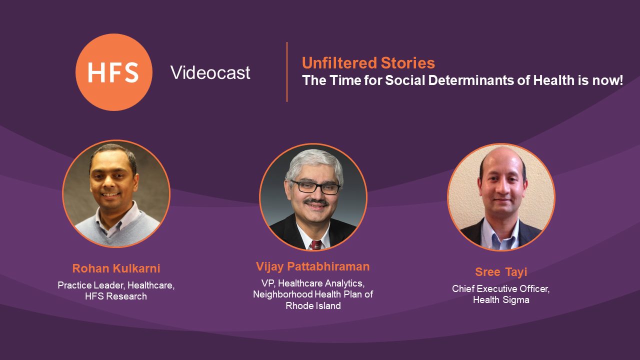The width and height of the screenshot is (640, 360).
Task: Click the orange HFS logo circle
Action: [x=114, y=72]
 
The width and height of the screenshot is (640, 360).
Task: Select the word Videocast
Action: [x=210, y=72]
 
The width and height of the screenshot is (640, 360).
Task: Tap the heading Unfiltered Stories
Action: [x=368, y=63]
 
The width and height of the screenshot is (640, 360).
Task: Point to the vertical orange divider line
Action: [x=287, y=72]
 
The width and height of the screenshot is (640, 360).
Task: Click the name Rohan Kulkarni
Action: [x=116, y=268]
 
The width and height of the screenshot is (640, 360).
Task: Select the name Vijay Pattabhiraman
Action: [x=313, y=267]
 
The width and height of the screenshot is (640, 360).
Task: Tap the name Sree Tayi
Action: [x=501, y=272]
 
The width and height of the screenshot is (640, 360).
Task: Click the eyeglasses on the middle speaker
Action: [x=315, y=187]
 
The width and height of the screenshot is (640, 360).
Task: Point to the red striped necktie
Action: [x=315, y=245]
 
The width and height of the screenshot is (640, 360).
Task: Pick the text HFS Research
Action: [x=116, y=296]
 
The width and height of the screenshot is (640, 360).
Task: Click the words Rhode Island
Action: [x=313, y=306]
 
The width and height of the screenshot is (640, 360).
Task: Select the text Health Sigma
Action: [x=501, y=300]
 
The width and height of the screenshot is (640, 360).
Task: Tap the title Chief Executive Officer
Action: [x=500, y=289]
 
